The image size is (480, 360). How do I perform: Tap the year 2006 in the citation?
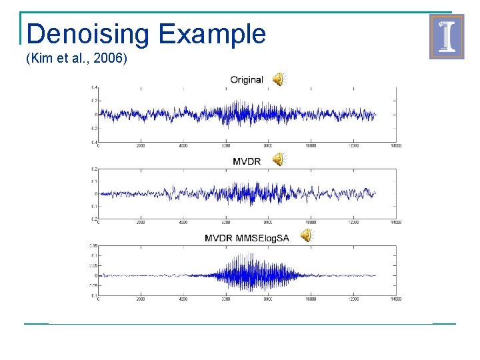(x=114, y=59)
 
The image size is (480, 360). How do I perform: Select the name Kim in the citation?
(x=41, y=59)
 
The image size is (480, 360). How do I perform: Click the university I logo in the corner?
(x=447, y=37)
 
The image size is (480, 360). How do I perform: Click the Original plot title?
(x=247, y=79)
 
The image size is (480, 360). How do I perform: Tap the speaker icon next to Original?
(x=278, y=79)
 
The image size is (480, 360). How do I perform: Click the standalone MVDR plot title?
(x=247, y=161)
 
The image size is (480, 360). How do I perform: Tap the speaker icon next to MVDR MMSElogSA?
(x=305, y=235)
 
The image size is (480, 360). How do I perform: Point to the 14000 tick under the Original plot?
(x=395, y=145)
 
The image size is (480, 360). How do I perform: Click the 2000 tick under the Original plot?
(x=141, y=145)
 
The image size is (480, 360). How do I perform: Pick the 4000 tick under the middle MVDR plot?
(x=183, y=222)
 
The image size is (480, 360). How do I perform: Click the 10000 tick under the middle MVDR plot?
(x=311, y=222)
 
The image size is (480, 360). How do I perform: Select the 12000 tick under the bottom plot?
(x=353, y=299)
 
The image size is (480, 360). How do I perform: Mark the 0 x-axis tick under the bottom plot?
(x=99, y=299)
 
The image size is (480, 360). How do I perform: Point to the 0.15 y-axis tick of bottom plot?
(x=94, y=245)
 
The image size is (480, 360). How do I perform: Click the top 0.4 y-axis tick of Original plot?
(x=95, y=87)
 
